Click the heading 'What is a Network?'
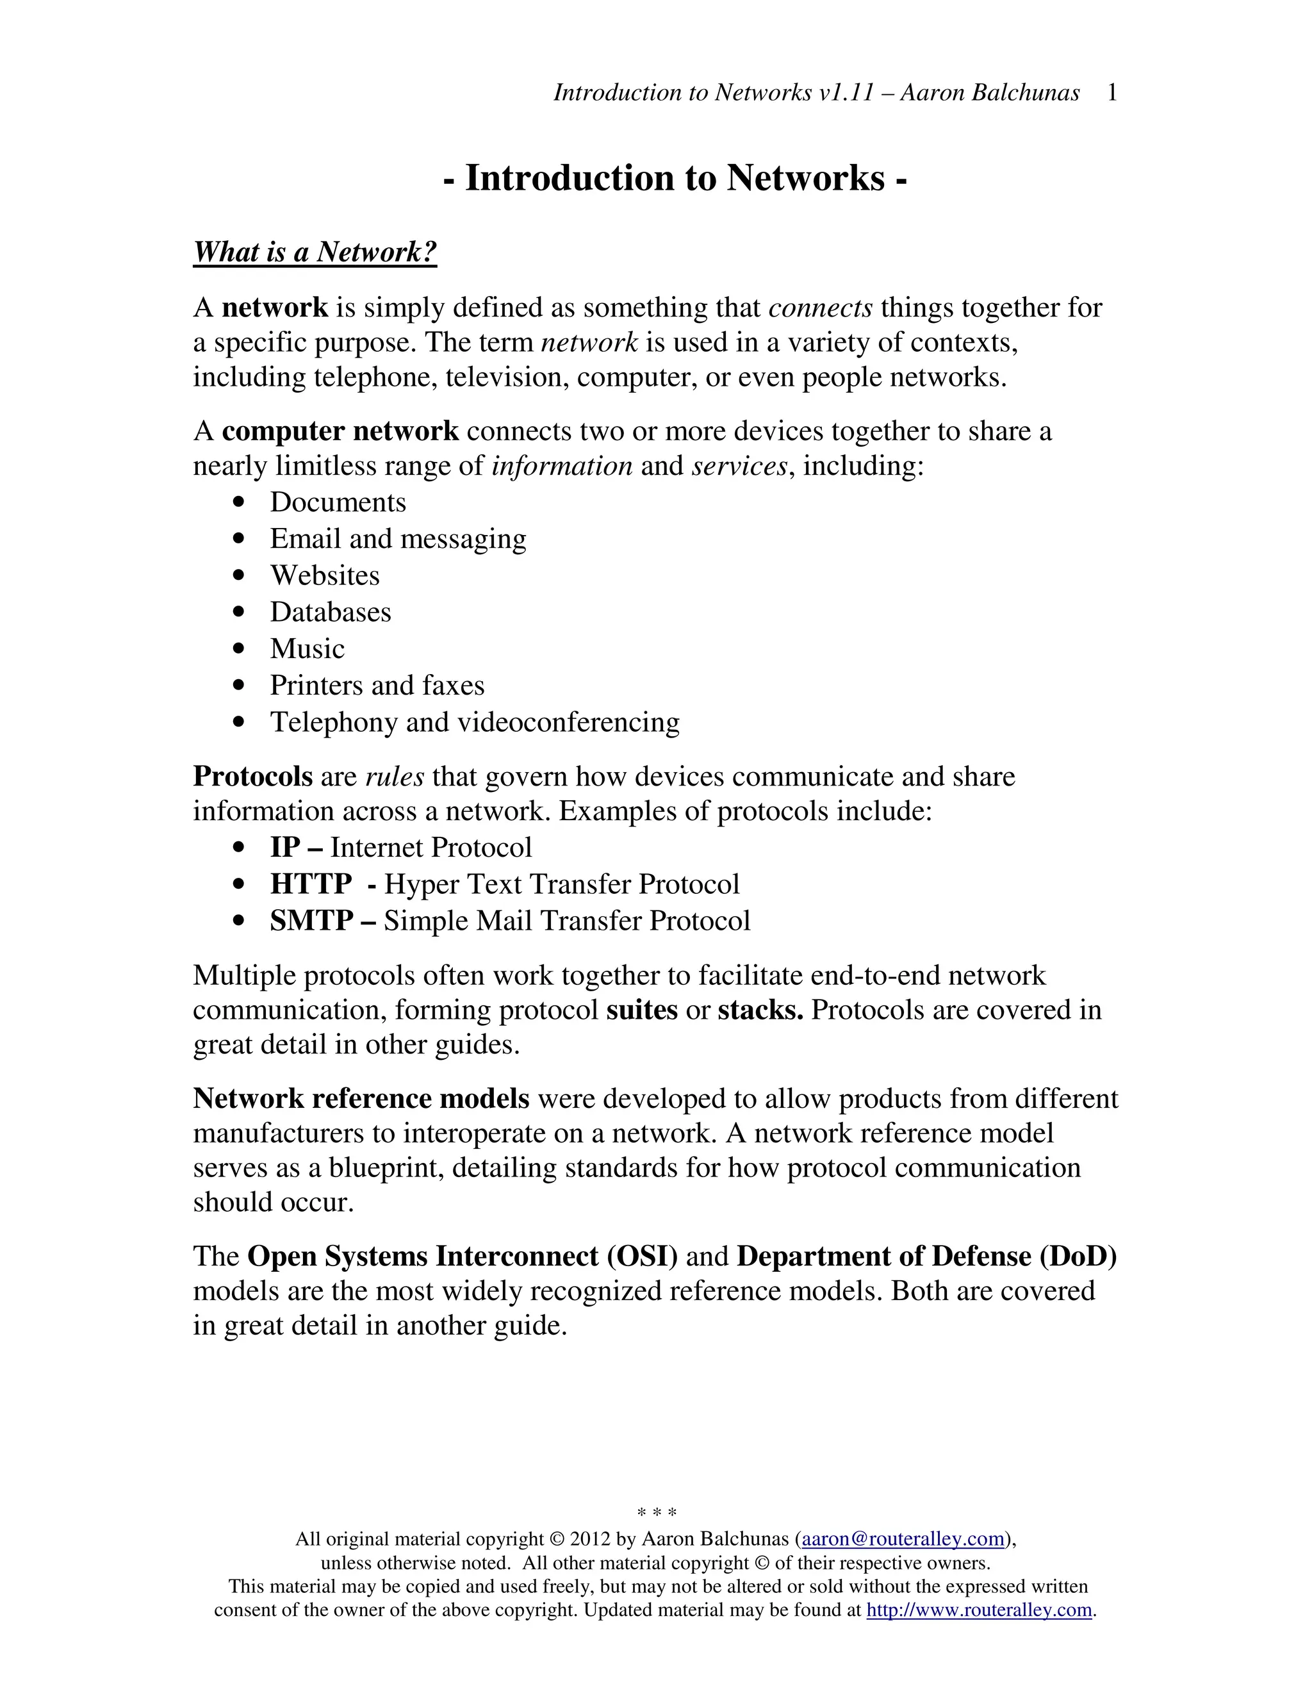315,252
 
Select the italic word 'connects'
820,308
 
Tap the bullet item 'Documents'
338,502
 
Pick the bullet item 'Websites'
325,575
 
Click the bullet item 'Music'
307,648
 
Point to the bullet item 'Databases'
331,612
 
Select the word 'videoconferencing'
568,722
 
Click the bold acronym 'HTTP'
311,884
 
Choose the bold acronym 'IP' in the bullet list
284,848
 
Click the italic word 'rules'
395,777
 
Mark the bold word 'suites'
642,1010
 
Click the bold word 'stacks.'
760,1010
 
